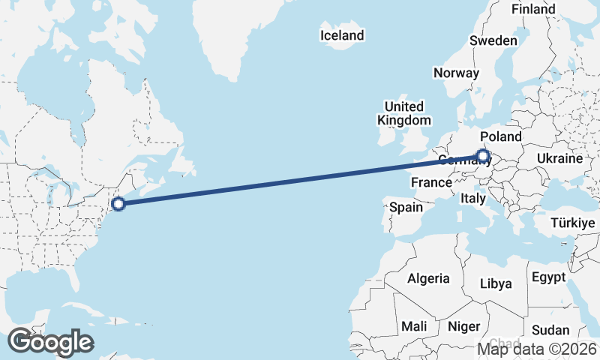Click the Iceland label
(341, 35)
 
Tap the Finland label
(533, 9)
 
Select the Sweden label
(493, 40)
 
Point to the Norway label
(456, 73)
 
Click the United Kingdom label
(404, 113)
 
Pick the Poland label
(500, 136)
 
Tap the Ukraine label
(559, 158)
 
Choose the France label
(431, 182)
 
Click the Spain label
(406, 207)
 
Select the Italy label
(473, 199)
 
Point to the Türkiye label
(572, 223)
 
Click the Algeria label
(428, 278)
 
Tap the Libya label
(496, 283)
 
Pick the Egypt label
(548, 277)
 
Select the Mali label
(414, 326)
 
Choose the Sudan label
(550, 330)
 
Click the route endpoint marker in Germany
(482, 157)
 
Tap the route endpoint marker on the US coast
(118, 202)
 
